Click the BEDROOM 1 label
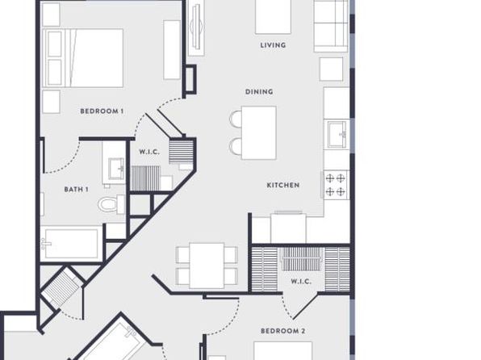click(102, 111)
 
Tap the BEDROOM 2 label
click(282, 331)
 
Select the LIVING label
click(273, 45)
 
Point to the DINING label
click(259, 92)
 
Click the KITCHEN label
click(283, 185)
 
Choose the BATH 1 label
click(77, 190)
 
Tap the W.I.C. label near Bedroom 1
click(149, 152)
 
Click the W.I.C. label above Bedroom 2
click(301, 282)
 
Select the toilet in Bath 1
click(111, 203)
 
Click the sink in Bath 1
click(116, 169)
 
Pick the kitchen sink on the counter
click(337, 135)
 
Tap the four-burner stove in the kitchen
click(335, 185)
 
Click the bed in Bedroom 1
click(83, 58)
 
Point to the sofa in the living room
click(331, 26)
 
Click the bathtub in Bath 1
click(71, 244)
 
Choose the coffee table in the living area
click(273, 17)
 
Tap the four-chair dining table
click(207, 266)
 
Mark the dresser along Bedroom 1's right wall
click(172, 50)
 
